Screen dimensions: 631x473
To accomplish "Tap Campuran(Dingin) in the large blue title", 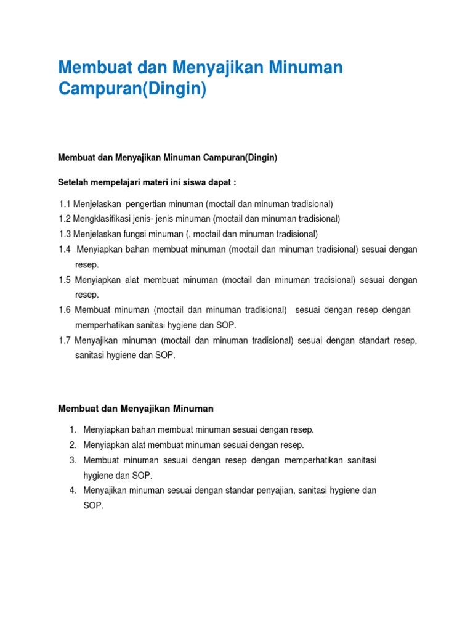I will [x=132, y=89].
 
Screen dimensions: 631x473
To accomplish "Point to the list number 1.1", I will [x=65, y=204].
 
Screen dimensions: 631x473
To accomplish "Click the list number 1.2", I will [x=65, y=219].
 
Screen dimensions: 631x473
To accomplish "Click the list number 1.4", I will [x=65, y=249].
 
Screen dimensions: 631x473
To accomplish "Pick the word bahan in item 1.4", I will [x=133, y=249].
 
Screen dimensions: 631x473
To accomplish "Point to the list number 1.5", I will [x=65, y=280].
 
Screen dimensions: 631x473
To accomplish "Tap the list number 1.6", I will [x=65, y=310].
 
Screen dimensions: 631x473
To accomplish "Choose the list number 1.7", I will [x=65, y=341].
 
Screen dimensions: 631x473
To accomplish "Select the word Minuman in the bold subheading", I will [x=192, y=408].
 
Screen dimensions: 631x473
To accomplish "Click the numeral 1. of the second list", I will [x=72, y=429].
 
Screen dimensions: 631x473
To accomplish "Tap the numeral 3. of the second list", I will [x=72, y=460].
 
